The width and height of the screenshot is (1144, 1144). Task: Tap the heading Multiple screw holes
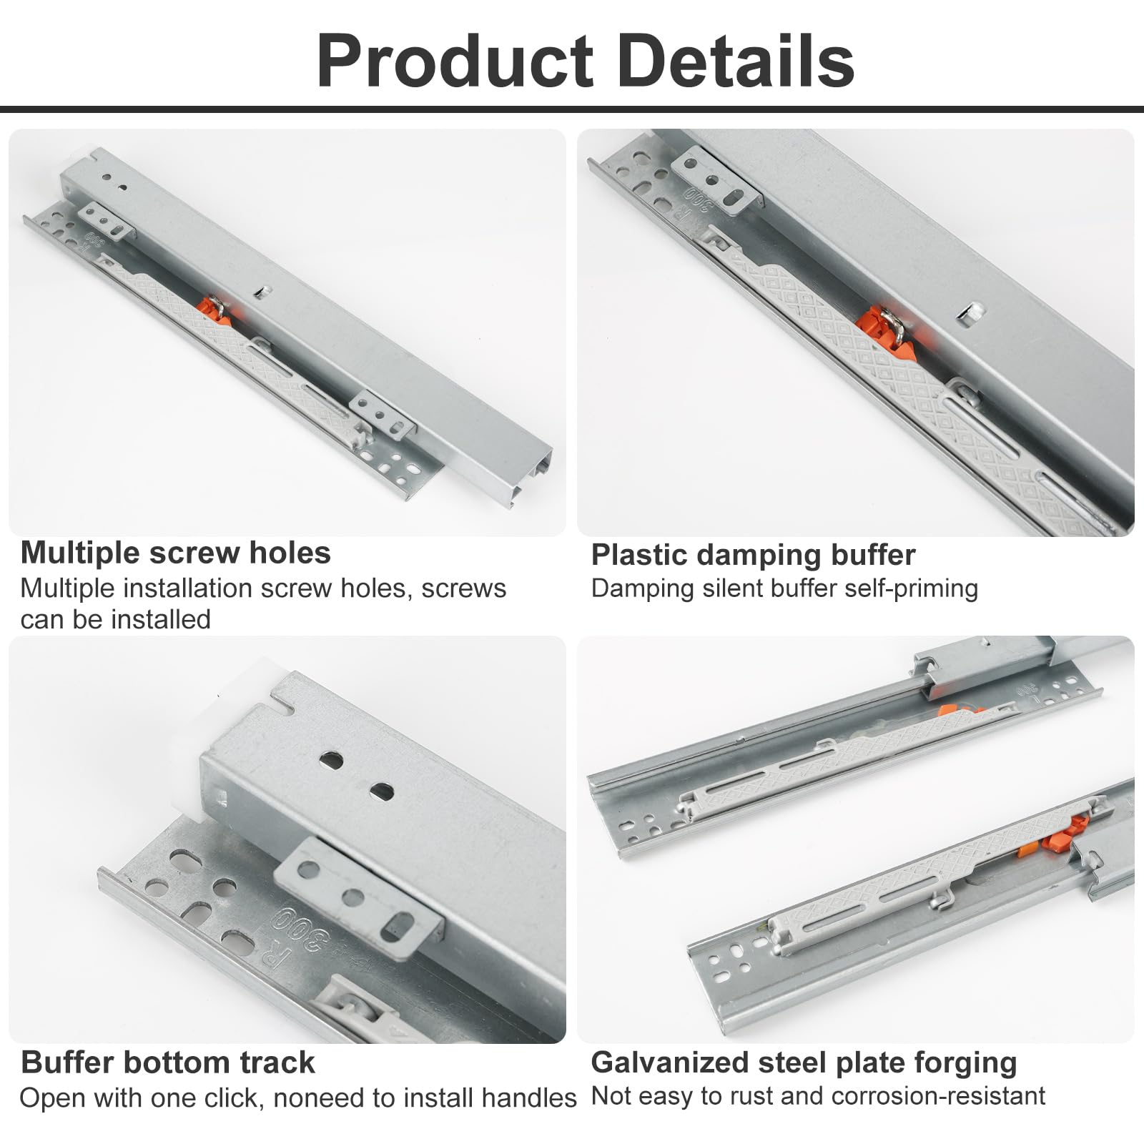tap(175, 553)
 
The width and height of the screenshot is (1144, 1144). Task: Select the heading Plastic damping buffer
tap(753, 555)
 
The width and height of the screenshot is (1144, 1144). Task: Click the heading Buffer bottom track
tap(168, 1062)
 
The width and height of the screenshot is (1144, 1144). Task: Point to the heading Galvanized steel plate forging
tap(804, 1063)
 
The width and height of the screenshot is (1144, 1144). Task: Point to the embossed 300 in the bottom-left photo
tap(304, 931)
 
